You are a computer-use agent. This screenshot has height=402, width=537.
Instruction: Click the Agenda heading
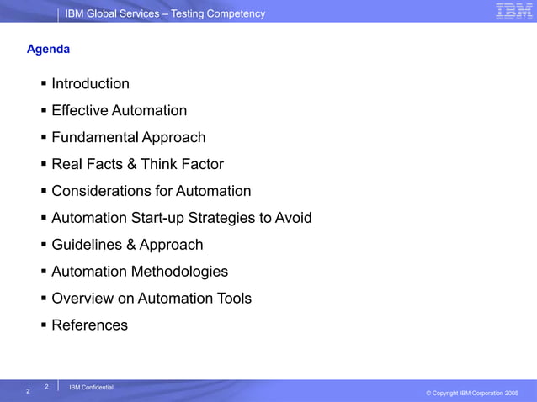(48, 50)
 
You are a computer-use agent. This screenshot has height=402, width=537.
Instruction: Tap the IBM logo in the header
(513, 11)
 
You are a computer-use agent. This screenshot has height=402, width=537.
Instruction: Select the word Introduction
(90, 84)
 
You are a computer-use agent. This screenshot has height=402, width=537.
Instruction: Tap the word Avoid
(294, 219)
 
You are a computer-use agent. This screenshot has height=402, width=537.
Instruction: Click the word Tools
(231, 299)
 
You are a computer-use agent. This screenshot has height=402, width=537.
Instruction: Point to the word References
(89, 325)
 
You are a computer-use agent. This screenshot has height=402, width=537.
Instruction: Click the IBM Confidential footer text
(91, 387)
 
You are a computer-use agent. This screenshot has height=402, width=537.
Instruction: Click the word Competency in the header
(236, 13)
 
